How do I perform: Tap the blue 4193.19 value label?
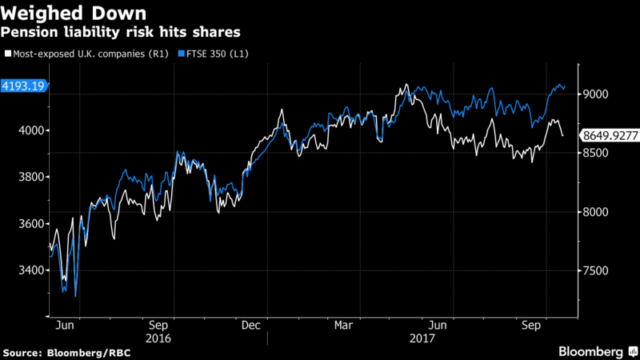click(25, 86)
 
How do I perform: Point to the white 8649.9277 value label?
click(610, 137)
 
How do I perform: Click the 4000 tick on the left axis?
click(30, 130)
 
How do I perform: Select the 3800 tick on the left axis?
click(30, 177)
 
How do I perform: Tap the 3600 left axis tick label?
click(30, 224)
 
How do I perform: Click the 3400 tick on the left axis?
click(30, 270)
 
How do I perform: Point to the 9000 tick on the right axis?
click(596, 94)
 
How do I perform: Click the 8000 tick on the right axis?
click(596, 212)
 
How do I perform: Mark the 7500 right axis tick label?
click(596, 271)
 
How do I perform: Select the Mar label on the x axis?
click(344, 325)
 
